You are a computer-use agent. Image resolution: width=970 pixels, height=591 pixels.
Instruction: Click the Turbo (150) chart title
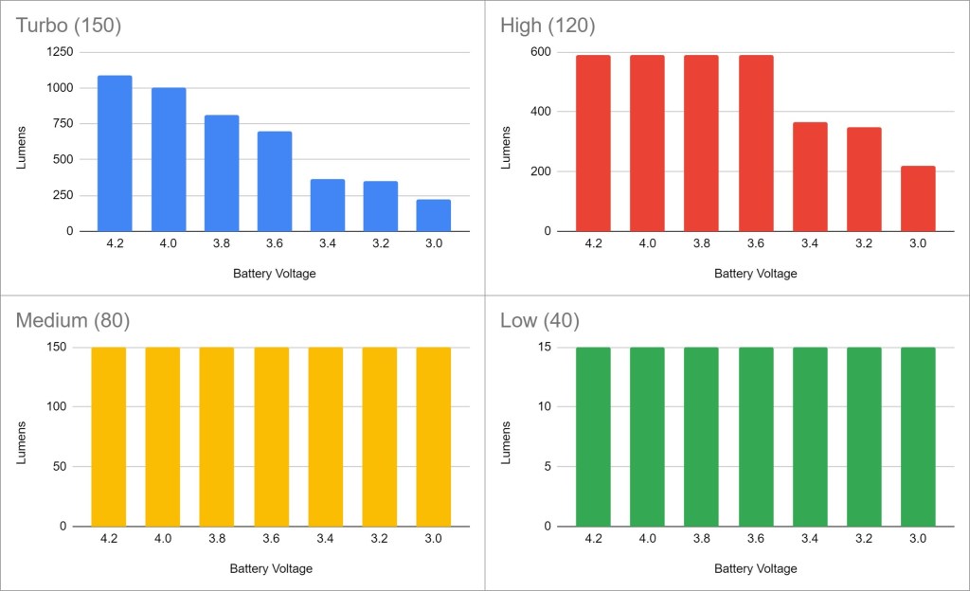coord(68,26)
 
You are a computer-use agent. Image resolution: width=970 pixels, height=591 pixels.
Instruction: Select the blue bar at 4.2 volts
coord(115,153)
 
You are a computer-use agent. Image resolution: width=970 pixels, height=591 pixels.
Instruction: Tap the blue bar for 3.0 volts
coord(433,215)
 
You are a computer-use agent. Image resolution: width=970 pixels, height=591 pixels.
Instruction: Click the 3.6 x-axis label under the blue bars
coord(274,243)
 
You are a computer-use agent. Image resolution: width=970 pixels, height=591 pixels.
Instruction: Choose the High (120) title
coord(548,26)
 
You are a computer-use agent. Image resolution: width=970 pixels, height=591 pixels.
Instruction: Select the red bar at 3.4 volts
coord(810,176)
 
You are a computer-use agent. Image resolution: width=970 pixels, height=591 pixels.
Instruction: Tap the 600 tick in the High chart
coord(540,52)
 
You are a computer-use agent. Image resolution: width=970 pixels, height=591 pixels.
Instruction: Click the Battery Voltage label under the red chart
coord(755,274)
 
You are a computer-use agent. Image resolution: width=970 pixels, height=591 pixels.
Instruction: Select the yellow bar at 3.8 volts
coord(216,436)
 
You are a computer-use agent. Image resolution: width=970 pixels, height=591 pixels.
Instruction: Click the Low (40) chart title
coord(540,320)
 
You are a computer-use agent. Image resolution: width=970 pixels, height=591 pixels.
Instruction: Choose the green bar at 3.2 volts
coord(864,436)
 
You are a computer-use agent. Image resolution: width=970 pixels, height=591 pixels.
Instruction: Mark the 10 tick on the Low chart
coord(545,407)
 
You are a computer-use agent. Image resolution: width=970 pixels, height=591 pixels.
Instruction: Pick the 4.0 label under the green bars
coord(647,539)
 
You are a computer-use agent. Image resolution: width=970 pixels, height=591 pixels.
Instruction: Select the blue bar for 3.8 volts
coord(222,172)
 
